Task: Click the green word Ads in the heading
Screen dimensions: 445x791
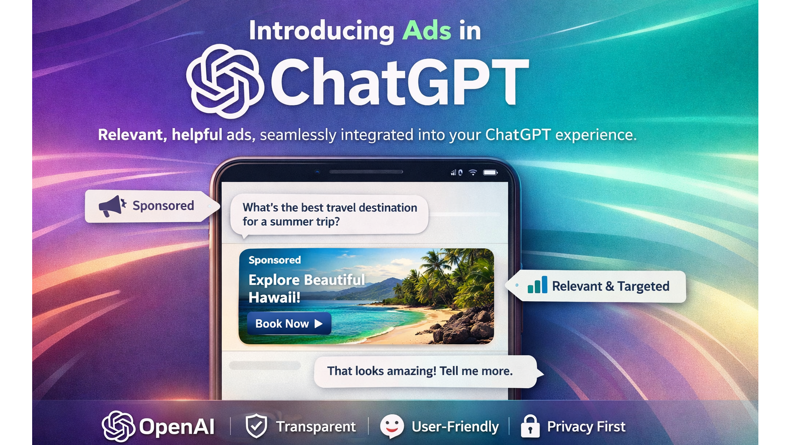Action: point(426,31)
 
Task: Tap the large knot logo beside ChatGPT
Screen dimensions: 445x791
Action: point(225,81)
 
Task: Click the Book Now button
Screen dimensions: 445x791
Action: point(289,324)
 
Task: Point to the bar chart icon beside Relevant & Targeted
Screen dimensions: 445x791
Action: point(537,285)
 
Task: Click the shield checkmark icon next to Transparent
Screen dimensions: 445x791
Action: point(256,426)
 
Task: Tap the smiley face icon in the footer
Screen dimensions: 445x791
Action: point(392,426)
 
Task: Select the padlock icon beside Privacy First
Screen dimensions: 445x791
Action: point(530,426)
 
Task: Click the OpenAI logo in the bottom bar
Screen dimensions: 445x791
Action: point(119,426)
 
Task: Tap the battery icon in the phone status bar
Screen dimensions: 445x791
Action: point(490,173)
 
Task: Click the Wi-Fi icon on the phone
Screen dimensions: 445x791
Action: point(472,173)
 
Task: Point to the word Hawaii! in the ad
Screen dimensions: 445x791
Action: point(274,298)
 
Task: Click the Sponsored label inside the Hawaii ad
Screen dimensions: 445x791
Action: point(275,260)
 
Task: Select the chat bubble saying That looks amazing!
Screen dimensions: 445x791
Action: point(420,371)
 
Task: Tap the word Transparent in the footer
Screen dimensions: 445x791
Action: point(316,427)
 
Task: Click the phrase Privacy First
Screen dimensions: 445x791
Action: point(586,427)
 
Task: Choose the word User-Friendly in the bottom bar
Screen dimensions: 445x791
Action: point(455,427)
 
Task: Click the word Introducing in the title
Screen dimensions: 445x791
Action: point(322,31)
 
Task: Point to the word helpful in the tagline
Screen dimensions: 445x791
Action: point(197,135)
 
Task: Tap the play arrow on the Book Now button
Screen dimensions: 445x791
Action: point(319,324)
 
